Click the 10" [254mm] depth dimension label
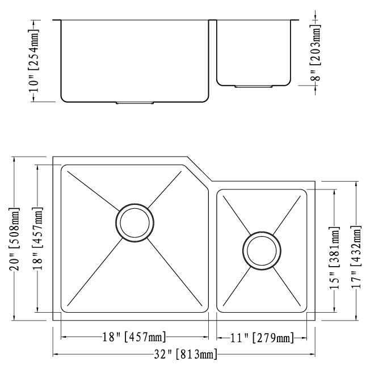pyautogui.click(x=35, y=61)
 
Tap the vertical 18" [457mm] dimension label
pyautogui.click(x=38, y=239)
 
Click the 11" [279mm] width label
pyautogui.click(x=262, y=339)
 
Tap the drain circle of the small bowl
pyautogui.click(x=261, y=249)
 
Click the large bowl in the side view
pyautogui.click(x=134, y=60)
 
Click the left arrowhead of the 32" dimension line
pyautogui.click(x=56, y=355)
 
